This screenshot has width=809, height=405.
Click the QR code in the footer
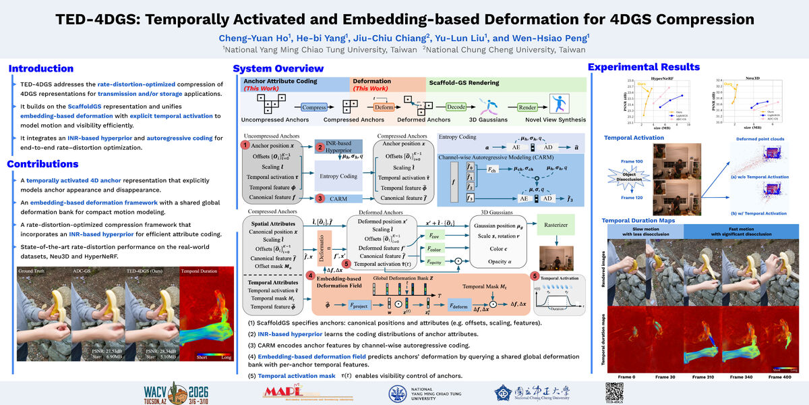click(x=613, y=391)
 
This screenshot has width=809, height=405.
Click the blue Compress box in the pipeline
click(x=314, y=107)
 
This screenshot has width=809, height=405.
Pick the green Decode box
click(x=456, y=107)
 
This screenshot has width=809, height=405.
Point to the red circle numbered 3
click(x=320, y=198)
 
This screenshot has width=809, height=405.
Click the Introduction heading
click(x=41, y=68)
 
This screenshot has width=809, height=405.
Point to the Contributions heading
click(x=45, y=164)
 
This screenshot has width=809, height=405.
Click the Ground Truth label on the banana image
click(x=32, y=272)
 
